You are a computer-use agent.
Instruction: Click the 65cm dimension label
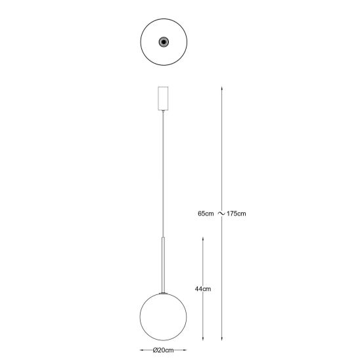pos(206,214)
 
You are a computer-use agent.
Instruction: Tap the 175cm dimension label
pos(236,214)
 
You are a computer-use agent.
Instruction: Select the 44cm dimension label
pos(203,289)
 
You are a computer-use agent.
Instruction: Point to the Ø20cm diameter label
pos(163,350)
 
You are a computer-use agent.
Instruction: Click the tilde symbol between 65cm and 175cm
pos(221,214)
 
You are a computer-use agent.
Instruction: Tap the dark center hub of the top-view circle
pos(164,42)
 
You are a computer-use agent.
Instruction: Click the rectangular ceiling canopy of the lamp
pos(163,99)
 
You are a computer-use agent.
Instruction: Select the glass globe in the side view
pos(163,317)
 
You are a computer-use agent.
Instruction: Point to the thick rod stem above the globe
pos(163,265)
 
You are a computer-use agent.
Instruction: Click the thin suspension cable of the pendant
pos(163,175)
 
